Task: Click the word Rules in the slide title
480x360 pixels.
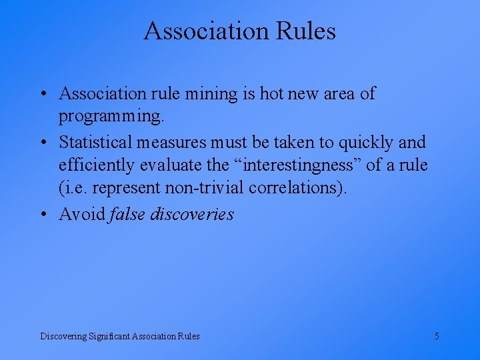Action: pos(303,31)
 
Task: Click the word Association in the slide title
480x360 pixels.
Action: pos(203,31)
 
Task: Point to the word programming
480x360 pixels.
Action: pos(110,117)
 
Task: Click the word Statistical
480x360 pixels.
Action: pos(96,142)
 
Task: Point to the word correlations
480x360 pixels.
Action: pos(298,189)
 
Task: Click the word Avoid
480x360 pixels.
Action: pos(82,214)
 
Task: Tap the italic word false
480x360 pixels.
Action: pos(127,214)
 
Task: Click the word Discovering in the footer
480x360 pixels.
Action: pos(63,336)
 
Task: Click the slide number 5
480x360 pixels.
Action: pos(437,336)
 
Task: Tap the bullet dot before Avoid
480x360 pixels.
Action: pos(43,215)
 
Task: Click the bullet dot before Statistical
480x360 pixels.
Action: pos(43,143)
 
